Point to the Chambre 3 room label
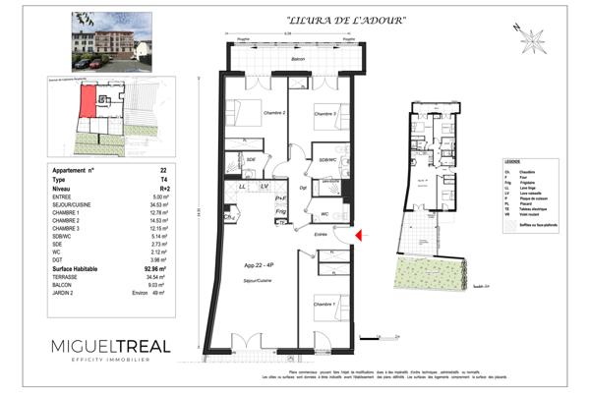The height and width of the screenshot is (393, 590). (x=325, y=114)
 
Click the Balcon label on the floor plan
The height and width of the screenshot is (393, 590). (x=298, y=60)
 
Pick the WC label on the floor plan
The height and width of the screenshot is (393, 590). (x=324, y=212)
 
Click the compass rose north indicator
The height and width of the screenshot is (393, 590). (x=534, y=40)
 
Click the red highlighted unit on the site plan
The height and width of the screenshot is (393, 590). (x=88, y=101)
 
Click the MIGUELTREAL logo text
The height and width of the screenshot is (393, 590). (x=110, y=347)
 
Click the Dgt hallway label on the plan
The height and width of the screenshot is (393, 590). (x=304, y=187)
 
